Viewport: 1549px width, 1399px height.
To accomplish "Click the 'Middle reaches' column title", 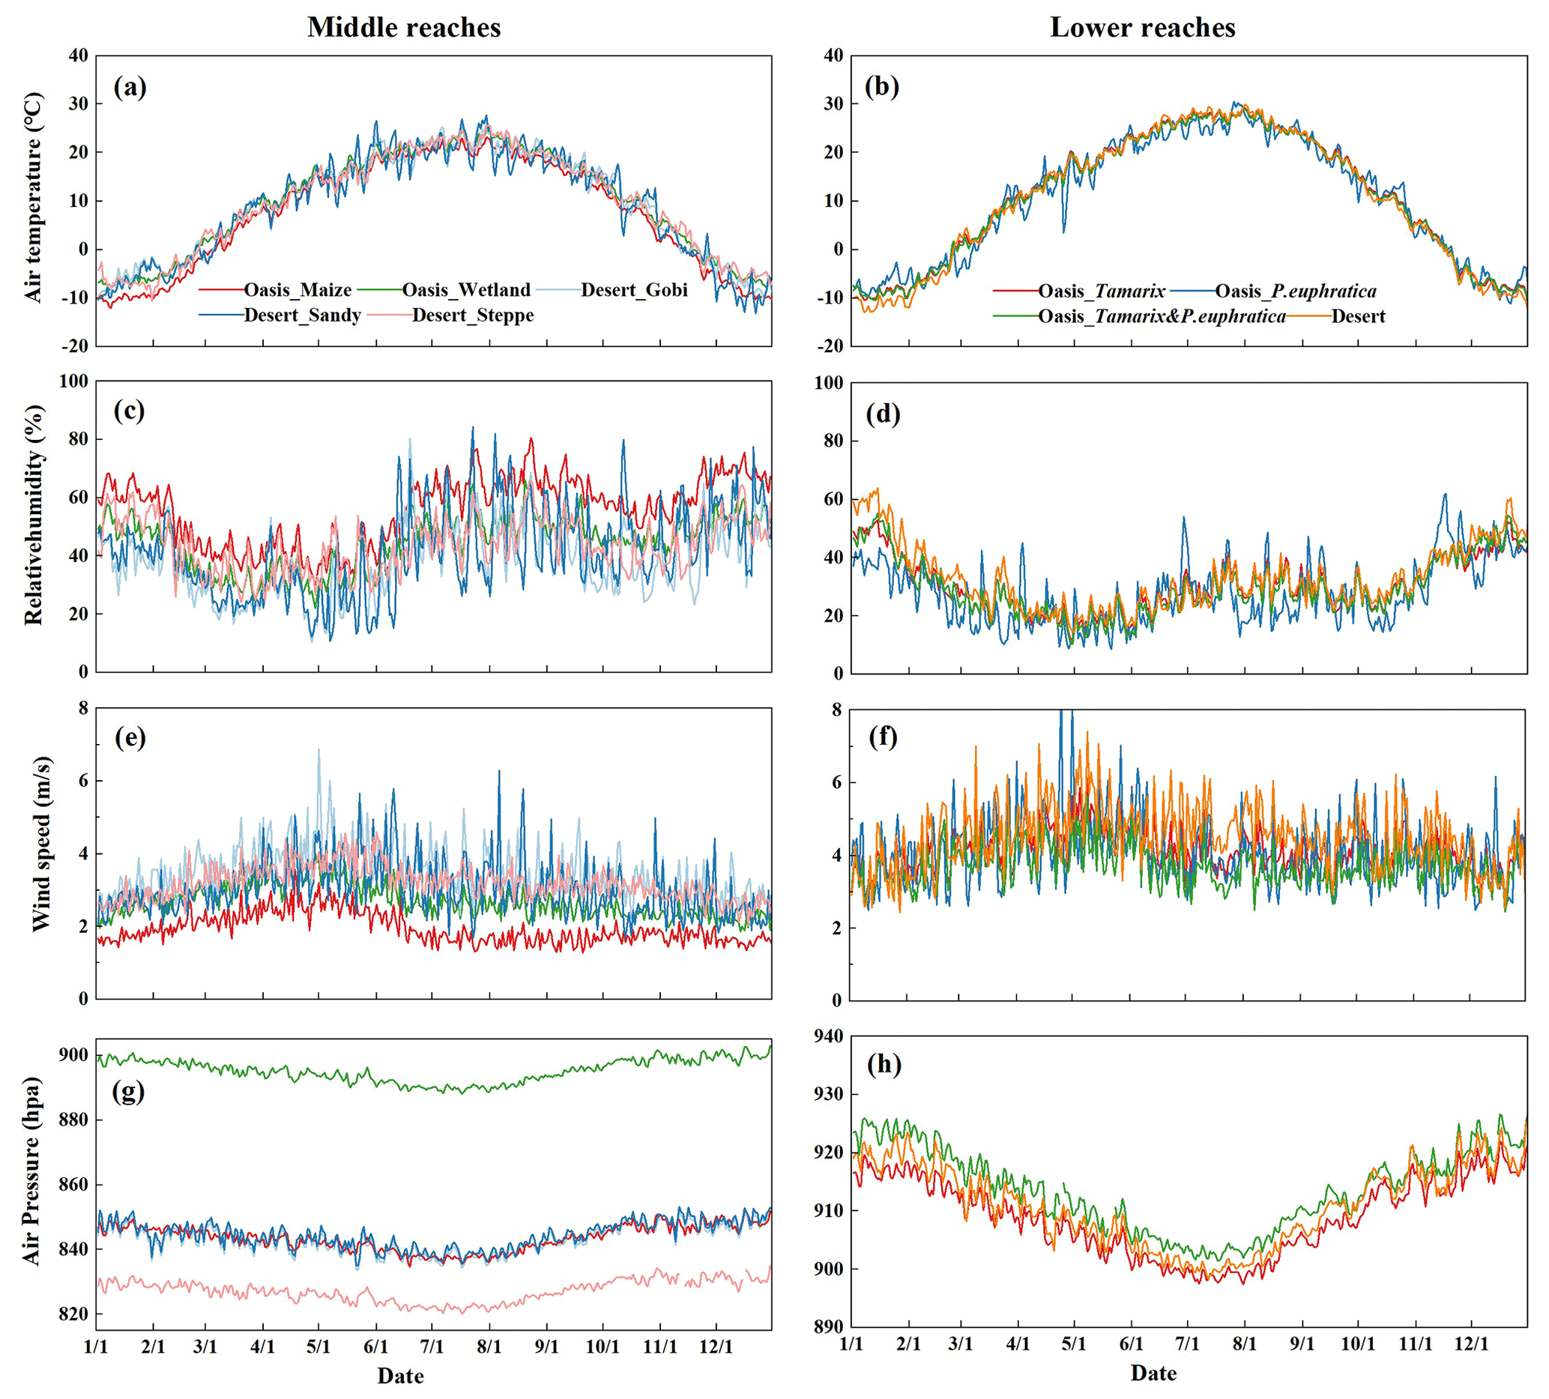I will pyautogui.click(x=404, y=28).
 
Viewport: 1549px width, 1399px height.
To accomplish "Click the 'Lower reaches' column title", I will pyautogui.click(x=1143, y=28).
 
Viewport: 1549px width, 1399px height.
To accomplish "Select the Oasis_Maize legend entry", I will pyautogui.click(x=298, y=291).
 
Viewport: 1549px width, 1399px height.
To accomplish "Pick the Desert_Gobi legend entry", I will pyautogui.click(x=633, y=291).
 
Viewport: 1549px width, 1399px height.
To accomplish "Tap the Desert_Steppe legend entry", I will pyautogui.click(x=472, y=315).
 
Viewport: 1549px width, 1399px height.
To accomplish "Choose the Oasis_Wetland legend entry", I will pyautogui.click(x=465, y=291).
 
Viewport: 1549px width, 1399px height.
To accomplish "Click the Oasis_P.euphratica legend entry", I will pyautogui.click(x=1295, y=292).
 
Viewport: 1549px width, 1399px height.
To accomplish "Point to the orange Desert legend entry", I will pyautogui.click(x=1358, y=316).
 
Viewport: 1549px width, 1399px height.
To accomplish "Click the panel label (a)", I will pyautogui.click(x=130, y=88).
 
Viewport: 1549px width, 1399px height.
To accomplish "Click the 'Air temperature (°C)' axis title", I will pyautogui.click(x=34, y=199).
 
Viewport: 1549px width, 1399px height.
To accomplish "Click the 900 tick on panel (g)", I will pyautogui.click(x=74, y=1055).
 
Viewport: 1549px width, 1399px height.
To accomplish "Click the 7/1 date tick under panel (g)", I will pyautogui.click(x=432, y=1346).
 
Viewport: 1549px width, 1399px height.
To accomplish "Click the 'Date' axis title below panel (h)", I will pyautogui.click(x=1153, y=1373).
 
